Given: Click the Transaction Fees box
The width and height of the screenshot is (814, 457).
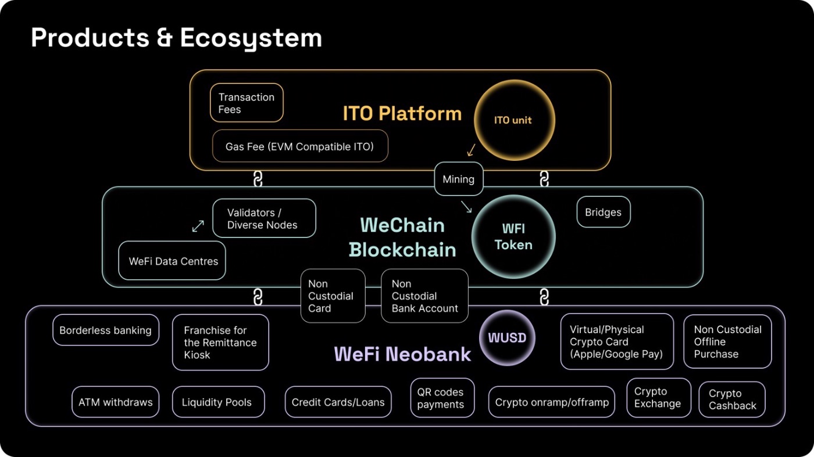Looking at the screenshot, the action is [247, 103].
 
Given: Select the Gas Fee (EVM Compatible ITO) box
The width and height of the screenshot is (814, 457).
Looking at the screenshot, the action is [300, 146].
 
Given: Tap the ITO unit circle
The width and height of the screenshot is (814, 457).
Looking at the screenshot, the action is [514, 120].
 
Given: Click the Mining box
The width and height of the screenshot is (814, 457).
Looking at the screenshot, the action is [459, 179].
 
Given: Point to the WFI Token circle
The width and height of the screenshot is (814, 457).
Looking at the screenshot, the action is [513, 237].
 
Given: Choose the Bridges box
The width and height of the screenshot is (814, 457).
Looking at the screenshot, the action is [604, 212].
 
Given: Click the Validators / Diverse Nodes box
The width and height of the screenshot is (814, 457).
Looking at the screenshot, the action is [264, 218].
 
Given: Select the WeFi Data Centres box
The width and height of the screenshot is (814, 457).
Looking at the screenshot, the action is [172, 261].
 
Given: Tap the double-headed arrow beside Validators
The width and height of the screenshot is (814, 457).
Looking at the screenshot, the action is [198, 226].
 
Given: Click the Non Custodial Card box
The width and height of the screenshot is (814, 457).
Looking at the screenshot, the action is [333, 296].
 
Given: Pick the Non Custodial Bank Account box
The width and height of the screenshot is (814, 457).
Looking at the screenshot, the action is [424, 296].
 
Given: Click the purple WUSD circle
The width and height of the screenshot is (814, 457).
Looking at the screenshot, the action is [507, 337].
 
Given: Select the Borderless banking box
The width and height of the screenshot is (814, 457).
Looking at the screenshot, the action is [106, 330].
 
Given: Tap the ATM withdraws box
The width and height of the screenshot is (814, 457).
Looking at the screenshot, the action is [116, 402].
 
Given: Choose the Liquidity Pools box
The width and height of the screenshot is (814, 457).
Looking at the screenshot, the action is [219, 402].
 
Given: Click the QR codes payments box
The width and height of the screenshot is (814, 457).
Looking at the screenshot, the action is [442, 398].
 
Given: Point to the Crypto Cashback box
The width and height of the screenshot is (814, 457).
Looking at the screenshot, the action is [732, 400].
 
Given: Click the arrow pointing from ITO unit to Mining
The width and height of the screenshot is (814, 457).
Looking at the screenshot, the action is [471, 150].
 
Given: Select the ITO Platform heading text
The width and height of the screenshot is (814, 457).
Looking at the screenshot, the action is [402, 113].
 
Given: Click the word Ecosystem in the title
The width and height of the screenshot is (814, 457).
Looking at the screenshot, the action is [251, 38].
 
